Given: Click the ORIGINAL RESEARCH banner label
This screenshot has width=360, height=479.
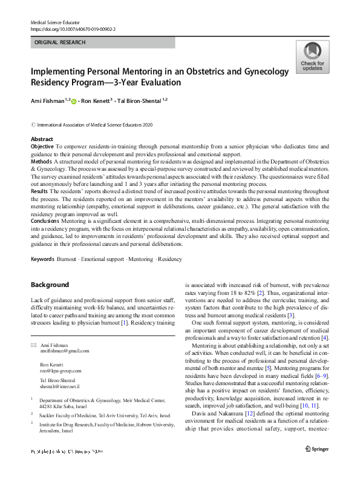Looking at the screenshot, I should point(61,42).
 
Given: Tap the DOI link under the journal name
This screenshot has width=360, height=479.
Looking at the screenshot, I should point(73,28).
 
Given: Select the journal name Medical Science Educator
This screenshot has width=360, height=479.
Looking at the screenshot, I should point(56,22).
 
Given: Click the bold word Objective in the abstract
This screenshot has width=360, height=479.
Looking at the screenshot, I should point(42,147).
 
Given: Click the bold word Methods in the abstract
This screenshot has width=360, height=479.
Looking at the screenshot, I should point(41,162).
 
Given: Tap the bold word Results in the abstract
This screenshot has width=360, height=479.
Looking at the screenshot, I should point(40,191).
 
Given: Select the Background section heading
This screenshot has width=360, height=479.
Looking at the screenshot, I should point(50,285).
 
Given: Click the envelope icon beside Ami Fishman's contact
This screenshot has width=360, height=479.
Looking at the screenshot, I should point(33,345).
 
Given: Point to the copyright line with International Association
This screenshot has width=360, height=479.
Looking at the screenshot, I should point(91,124).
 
